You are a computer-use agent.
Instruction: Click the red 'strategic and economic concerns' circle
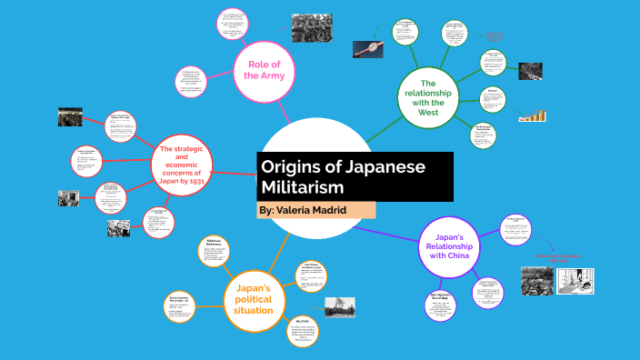[181, 165]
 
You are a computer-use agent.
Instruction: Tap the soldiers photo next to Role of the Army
[311, 29]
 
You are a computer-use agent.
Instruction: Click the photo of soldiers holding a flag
[339, 306]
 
